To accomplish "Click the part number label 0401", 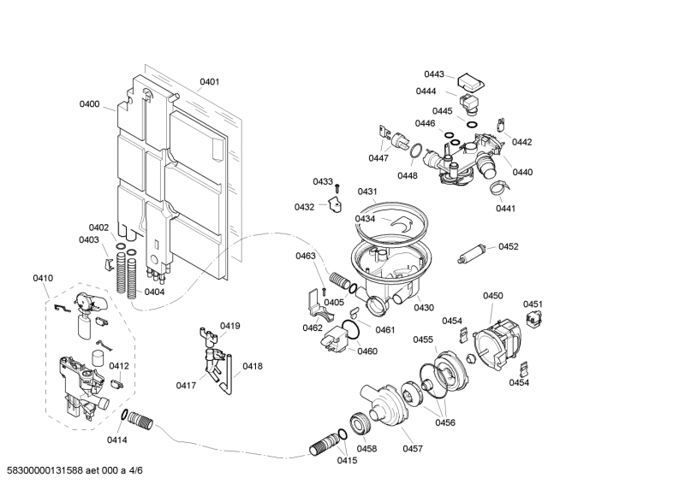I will click(210, 83).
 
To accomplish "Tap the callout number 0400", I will click(90, 104).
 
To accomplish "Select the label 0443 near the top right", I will click(434, 74).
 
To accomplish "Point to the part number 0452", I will click(509, 247).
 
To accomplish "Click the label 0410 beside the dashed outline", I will click(43, 278).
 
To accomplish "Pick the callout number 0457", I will click(414, 448).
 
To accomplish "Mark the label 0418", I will click(253, 366).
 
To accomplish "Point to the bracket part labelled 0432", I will click(335, 204).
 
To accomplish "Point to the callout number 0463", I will click(306, 256).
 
